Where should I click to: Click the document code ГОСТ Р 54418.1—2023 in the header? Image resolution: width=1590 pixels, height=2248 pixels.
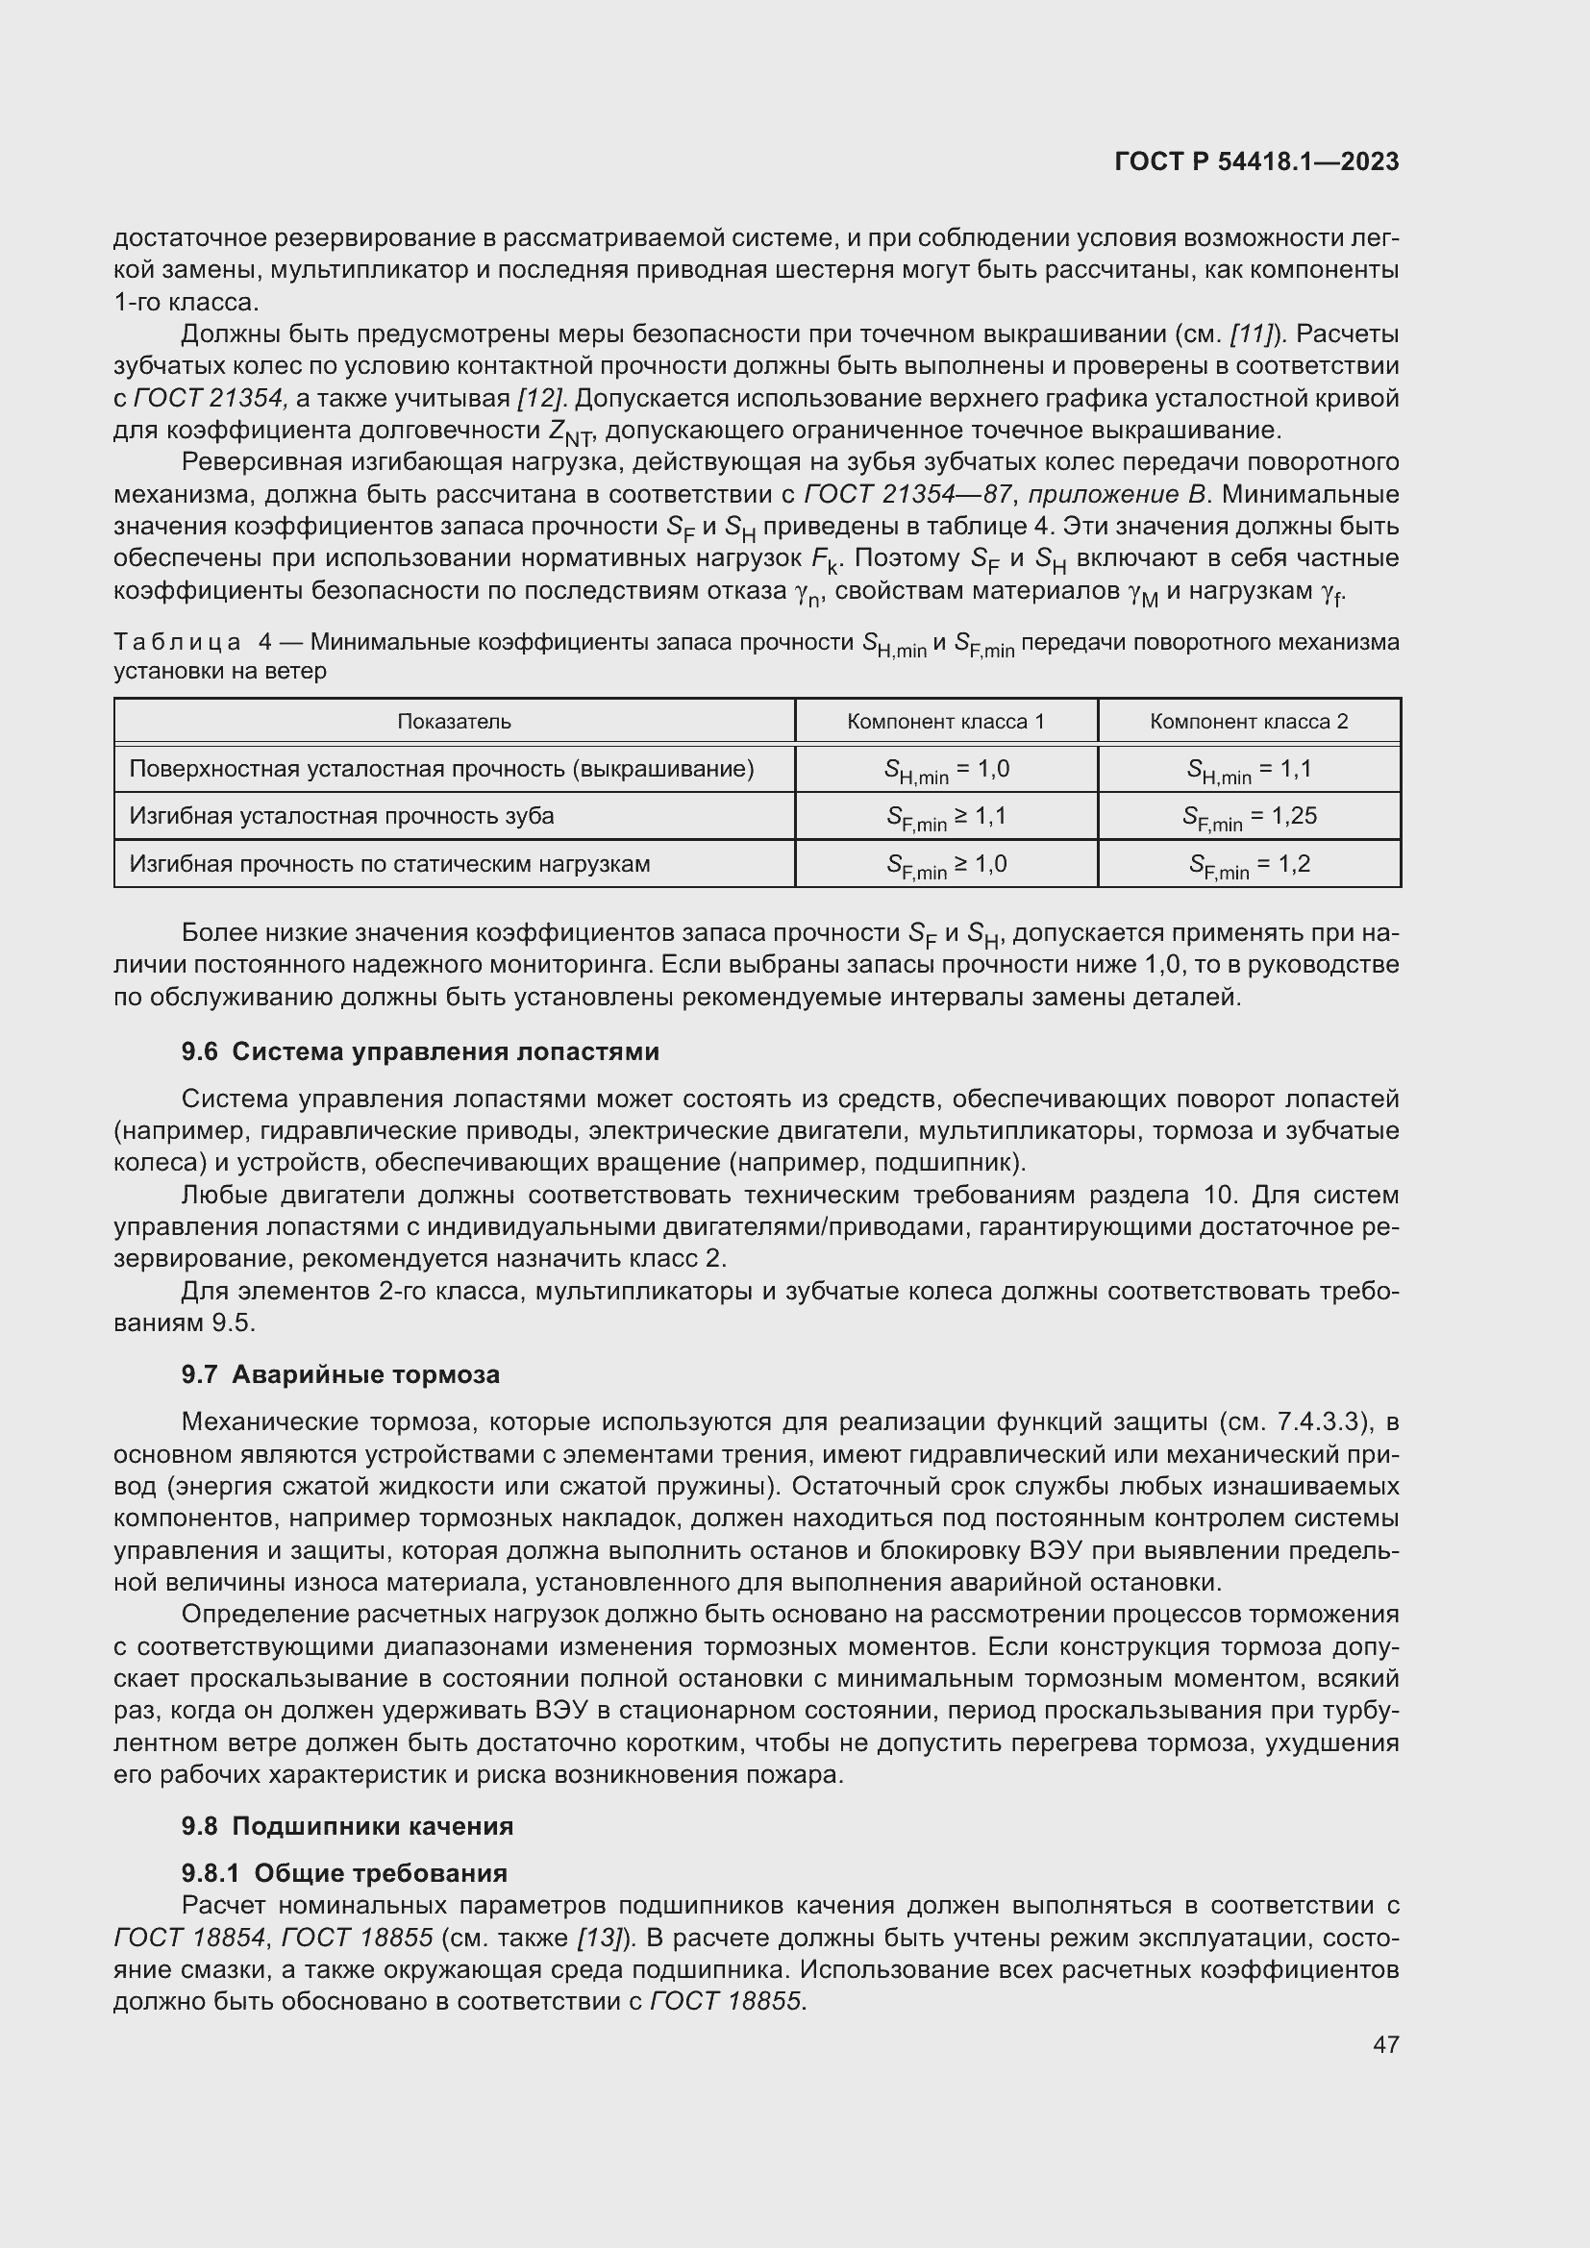pos(1256,161)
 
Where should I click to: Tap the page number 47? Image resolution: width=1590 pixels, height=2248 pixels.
pos(1385,2044)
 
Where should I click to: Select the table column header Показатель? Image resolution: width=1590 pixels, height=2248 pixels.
pos(454,722)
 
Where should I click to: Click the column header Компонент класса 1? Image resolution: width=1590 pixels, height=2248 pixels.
pos(945,722)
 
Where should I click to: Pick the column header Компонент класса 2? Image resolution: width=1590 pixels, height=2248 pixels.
pos(1249,722)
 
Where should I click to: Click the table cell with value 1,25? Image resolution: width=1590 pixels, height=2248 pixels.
pos(1250,817)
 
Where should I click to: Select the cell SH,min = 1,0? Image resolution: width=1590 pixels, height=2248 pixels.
pos(946,770)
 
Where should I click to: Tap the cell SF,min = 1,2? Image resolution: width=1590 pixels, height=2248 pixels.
pos(1250,865)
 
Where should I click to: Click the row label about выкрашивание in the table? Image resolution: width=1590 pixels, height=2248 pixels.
pos(440,770)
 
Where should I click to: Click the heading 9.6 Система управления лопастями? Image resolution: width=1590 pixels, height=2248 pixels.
pos(420,1051)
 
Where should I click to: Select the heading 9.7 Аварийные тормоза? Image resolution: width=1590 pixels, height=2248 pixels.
pos(339,1374)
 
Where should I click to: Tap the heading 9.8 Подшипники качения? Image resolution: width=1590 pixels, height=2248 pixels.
pos(347,1826)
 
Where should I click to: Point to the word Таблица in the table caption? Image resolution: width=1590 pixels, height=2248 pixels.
pos(177,642)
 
